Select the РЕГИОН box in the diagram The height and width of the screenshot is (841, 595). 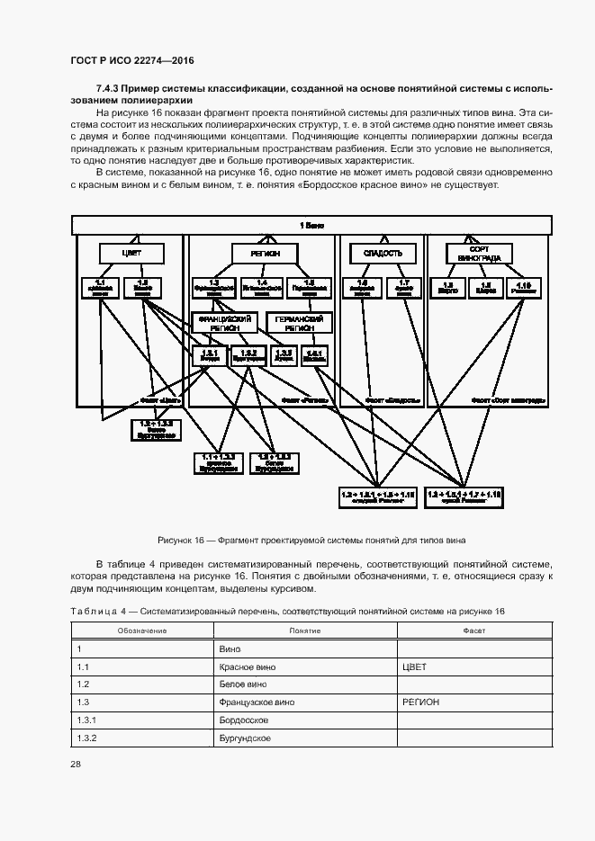[x=258, y=254]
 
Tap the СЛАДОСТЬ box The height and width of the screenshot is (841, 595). [x=375, y=254]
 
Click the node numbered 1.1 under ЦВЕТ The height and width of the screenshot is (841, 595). [x=100, y=287]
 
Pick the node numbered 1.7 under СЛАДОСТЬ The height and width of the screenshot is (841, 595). [x=404, y=287]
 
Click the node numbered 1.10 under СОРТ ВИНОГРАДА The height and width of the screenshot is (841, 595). [x=524, y=287]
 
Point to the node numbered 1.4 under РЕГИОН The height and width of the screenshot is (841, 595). [x=261, y=287]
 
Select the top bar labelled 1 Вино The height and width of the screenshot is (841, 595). [x=311, y=224]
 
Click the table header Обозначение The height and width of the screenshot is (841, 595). [x=142, y=630]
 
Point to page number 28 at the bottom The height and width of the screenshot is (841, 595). [x=75, y=764]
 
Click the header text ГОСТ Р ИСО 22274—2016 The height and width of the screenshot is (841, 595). [x=132, y=60]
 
